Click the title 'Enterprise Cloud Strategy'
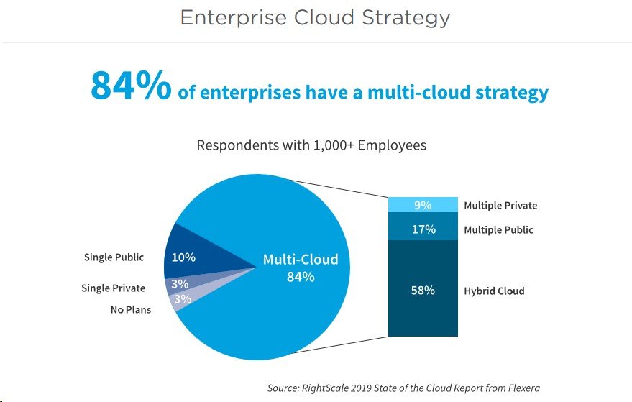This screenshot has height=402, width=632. coord(315,18)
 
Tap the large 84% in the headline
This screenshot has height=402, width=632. coord(131,86)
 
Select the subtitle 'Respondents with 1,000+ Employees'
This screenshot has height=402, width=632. coord(311,145)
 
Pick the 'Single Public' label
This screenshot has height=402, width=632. coord(114,257)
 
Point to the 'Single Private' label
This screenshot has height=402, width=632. coord(114,288)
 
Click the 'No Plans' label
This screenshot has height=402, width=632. coord(131,310)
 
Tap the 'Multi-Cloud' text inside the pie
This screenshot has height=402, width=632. coord(301,260)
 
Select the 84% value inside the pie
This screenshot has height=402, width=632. coord(301,277)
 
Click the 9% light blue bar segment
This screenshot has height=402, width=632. coord(423,205)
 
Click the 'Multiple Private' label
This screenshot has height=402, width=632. coord(500,206)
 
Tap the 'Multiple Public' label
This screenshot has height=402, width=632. coord(498,230)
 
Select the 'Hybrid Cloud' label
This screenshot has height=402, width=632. coord(494,291)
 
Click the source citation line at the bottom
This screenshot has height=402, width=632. coord(403,388)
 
